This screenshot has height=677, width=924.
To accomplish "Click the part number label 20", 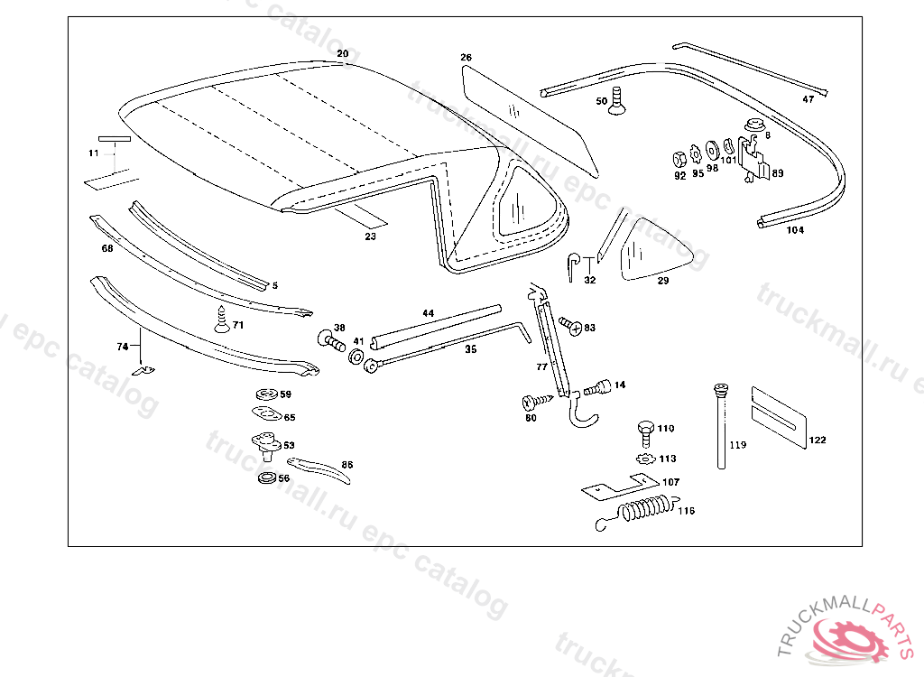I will coord(342,54).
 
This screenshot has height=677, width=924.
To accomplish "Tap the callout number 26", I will coord(466,58).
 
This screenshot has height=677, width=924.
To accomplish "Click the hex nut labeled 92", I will coord(679,159).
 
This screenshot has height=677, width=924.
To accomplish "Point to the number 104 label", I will coord(795,230).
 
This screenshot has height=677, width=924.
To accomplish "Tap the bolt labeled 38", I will coord(330,341).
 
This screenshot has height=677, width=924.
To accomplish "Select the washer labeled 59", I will coord(265,394).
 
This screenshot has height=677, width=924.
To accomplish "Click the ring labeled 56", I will coord(267,477).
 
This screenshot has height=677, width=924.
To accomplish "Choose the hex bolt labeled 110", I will coord(644,431).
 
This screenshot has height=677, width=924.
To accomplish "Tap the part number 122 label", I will coord(817,441).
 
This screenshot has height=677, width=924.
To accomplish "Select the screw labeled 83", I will coord(569,324).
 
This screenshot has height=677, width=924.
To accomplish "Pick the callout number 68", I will coord(107,248).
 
